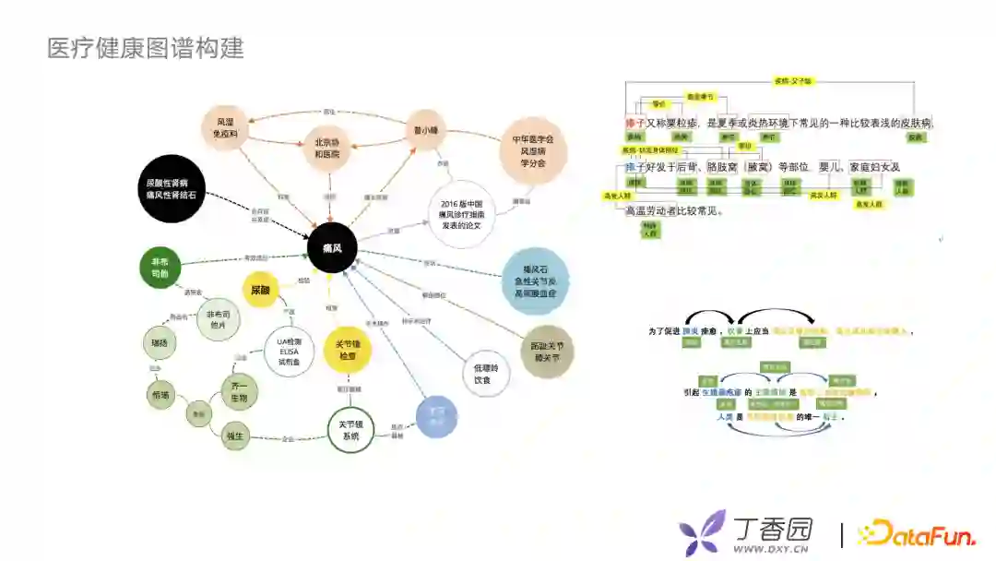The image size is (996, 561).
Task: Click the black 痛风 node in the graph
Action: coord(332,248)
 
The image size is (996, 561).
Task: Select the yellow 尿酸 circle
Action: coord(260,290)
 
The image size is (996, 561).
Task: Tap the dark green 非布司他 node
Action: coord(160,268)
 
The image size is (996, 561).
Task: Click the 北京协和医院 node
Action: coord(327,149)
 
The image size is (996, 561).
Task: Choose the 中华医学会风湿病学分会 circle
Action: coord(532,150)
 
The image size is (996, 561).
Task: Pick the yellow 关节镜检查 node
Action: coord(347,350)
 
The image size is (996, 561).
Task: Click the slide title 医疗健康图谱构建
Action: coord(146,48)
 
